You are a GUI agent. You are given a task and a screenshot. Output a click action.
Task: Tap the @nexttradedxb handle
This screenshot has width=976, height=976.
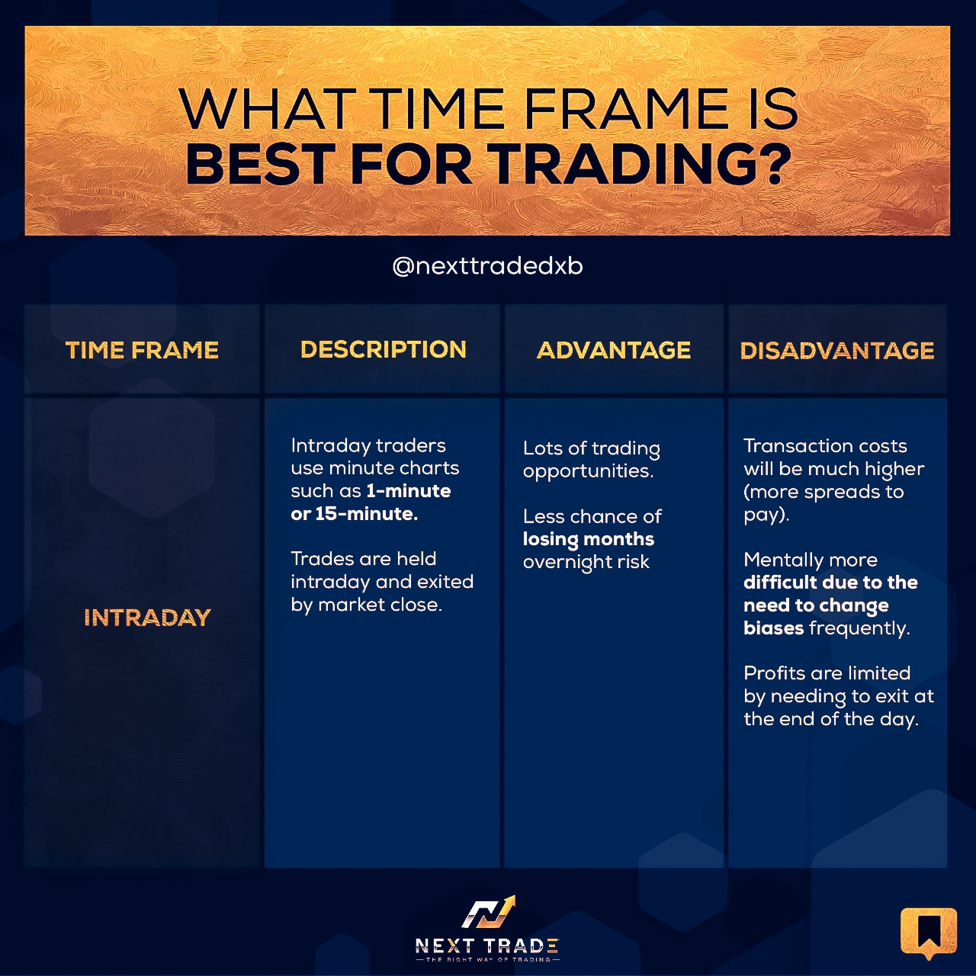click(488, 266)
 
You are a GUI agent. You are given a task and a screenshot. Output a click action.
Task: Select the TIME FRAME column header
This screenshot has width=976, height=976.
click(142, 350)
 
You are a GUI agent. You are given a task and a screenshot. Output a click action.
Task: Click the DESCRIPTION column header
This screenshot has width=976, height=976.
click(384, 349)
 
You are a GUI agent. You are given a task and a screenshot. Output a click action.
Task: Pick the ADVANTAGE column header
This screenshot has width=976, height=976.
click(614, 350)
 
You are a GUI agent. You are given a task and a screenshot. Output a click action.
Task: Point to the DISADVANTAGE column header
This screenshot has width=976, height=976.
click(837, 351)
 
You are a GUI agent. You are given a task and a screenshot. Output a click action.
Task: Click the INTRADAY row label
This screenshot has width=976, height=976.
click(147, 618)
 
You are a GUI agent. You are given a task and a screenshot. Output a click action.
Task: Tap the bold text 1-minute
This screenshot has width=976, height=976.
click(409, 491)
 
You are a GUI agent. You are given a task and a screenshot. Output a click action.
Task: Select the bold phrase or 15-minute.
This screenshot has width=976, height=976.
click(355, 514)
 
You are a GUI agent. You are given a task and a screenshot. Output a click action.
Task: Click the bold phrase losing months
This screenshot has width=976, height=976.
click(589, 539)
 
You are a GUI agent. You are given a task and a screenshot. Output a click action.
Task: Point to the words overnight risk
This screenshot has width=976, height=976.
click(586, 562)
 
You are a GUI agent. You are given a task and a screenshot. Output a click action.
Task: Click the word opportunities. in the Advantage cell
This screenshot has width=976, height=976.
click(589, 471)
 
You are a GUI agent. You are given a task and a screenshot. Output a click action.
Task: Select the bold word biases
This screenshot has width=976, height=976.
click(773, 628)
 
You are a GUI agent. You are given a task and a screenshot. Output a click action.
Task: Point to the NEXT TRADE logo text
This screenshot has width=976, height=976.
click(487, 945)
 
